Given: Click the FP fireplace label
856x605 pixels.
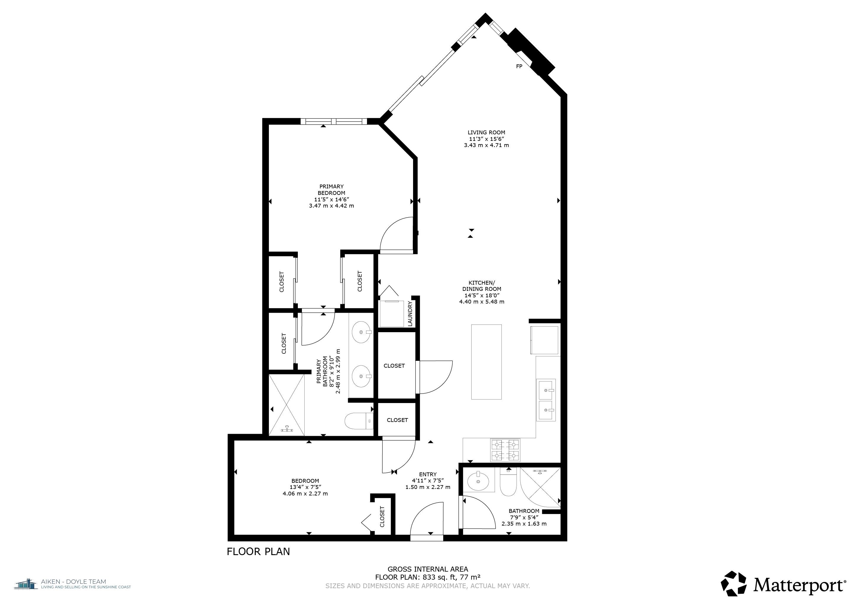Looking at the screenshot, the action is click(x=519, y=66).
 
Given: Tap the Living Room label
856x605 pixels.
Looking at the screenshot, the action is click(x=487, y=132).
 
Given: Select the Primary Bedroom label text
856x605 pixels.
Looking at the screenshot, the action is click(x=332, y=190).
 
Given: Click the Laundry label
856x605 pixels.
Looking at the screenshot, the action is click(x=410, y=314).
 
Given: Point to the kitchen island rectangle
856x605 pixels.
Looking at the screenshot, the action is click(x=487, y=362).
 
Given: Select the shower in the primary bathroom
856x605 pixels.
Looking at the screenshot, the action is click(x=287, y=405).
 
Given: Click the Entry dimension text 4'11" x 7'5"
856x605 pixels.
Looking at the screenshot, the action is click(x=428, y=481).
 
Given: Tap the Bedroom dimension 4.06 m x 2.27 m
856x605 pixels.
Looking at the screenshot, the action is click(x=305, y=494).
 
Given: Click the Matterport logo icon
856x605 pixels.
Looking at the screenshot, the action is click(x=734, y=583).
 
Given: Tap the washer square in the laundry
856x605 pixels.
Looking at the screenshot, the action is click(x=392, y=313).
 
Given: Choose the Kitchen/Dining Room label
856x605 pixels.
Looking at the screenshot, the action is click(x=482, y=286).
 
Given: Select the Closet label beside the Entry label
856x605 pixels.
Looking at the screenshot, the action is click(x=382, y=516).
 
